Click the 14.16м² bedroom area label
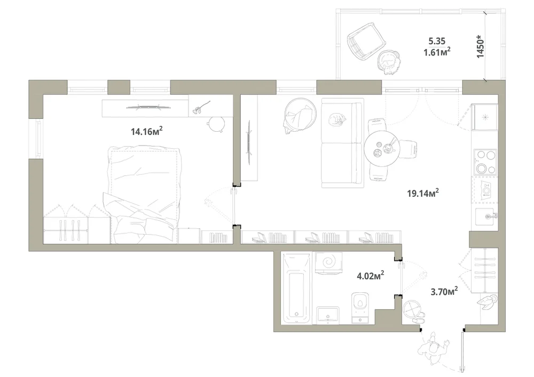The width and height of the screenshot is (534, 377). pos(146,131)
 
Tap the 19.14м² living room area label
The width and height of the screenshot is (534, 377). pos(422,193)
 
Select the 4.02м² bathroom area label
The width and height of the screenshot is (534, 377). pos(371,275)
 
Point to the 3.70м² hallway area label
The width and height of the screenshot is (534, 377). pos(444,291)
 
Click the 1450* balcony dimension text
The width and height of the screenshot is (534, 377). pos(480,46)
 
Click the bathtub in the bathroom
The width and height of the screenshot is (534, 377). pos(296,288)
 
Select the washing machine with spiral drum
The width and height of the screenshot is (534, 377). pos(328,263)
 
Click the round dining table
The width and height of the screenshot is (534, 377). pos(381,149)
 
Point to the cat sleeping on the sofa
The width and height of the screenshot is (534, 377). pos(337,119)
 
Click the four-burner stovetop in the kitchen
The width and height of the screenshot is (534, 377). pos(485,162)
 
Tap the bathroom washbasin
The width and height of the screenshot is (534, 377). pos(328,315)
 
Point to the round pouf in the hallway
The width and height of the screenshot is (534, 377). pos(412,310)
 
